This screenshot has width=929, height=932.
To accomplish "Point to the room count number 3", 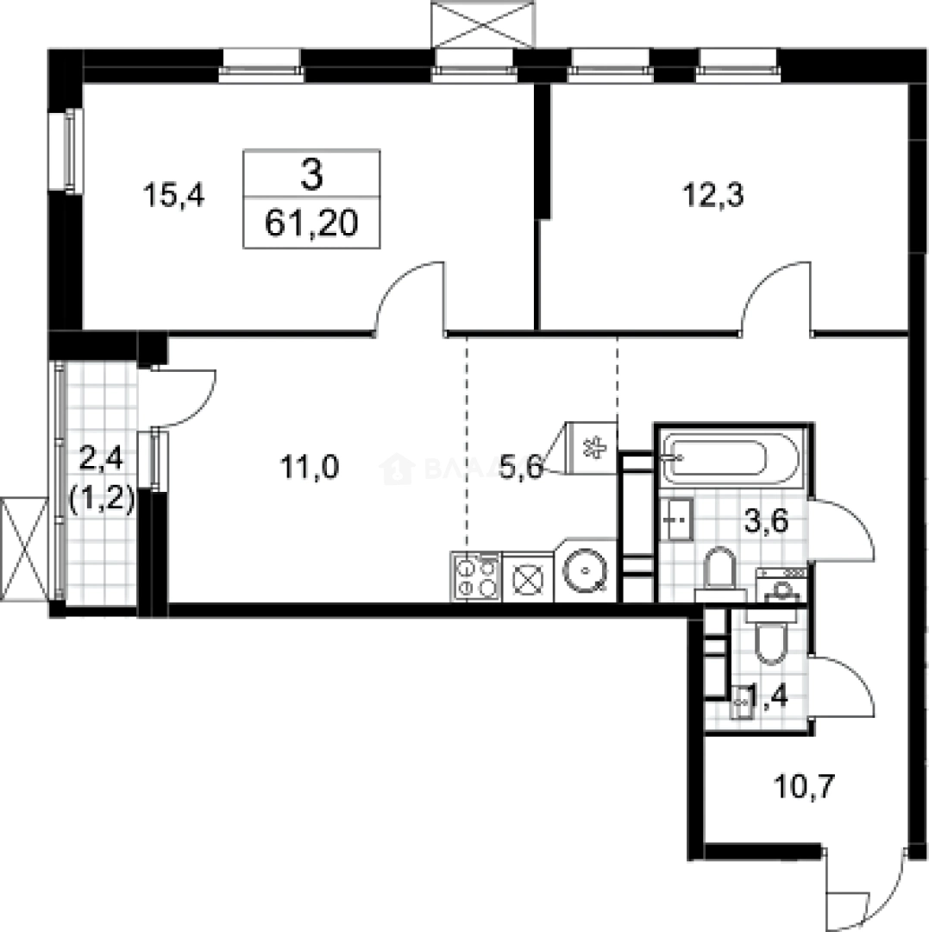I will [311, 176].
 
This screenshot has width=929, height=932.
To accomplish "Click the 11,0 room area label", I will [310, 468].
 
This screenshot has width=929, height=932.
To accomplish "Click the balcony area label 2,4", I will [100, 458].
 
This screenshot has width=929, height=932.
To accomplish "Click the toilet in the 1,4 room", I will [768, 639].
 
